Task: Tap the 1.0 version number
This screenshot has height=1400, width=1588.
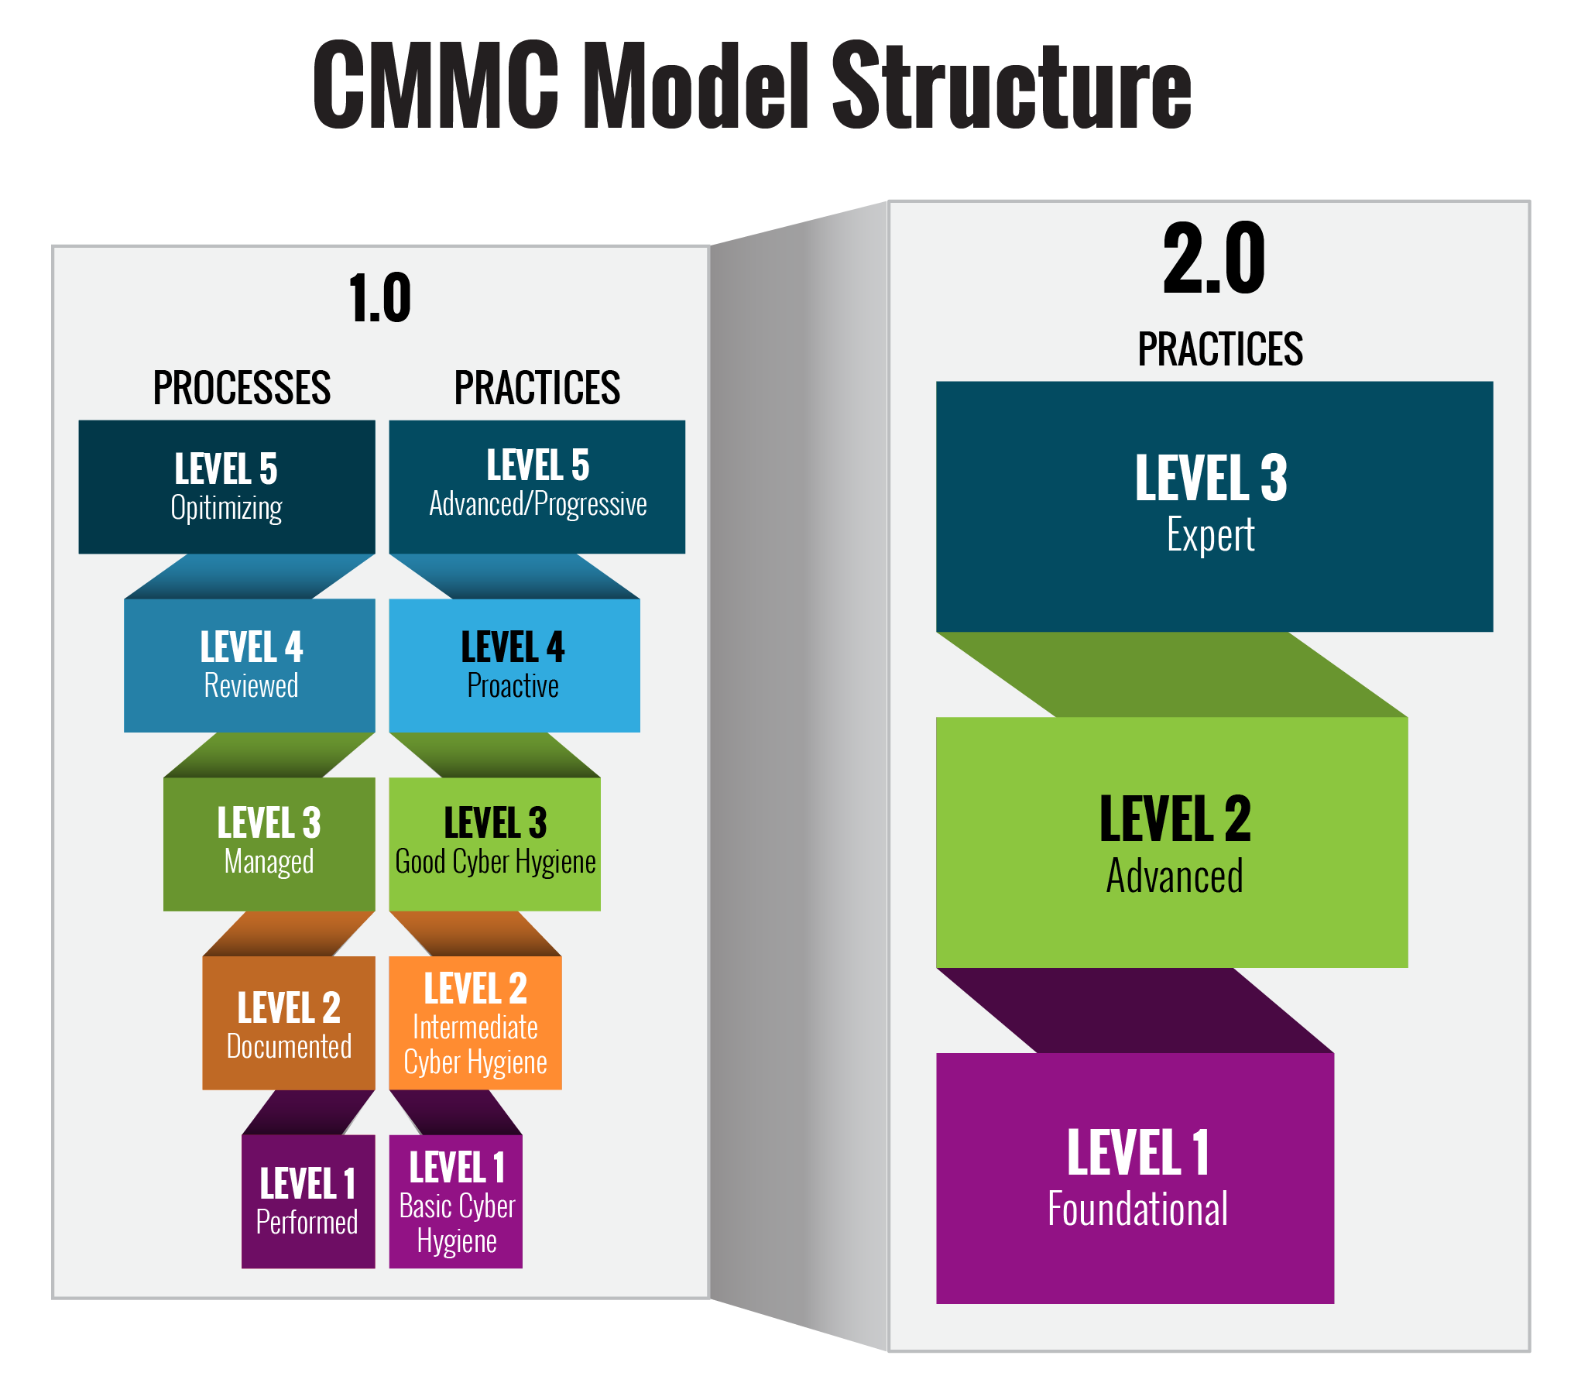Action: click(380, 299)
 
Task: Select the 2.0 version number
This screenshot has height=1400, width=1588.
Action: click(1213, 259)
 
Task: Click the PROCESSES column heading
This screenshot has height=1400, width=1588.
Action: click(242, 389)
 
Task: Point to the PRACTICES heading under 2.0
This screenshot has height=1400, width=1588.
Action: click(1219, 349)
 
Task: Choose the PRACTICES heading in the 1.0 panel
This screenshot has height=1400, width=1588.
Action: click(537, 389)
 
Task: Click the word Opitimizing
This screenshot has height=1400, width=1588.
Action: click(226, 509)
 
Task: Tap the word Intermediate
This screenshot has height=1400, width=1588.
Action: click(475, 1028)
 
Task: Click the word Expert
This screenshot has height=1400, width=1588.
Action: click(1209, 535)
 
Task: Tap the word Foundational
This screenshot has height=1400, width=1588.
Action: click(1137, 1210)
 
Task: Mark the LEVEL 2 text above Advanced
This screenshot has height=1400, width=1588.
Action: click(1175, 820)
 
